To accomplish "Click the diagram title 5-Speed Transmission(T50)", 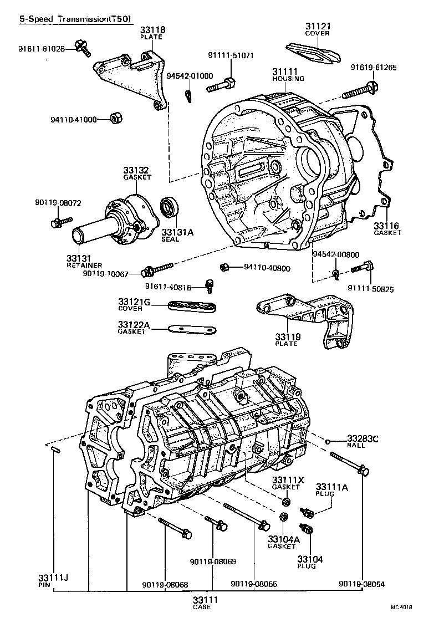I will pos(75,19).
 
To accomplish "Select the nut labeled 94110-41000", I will pos(116,118).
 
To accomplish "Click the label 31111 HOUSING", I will pos(288,75).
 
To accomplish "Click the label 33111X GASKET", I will pos(285,483).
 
